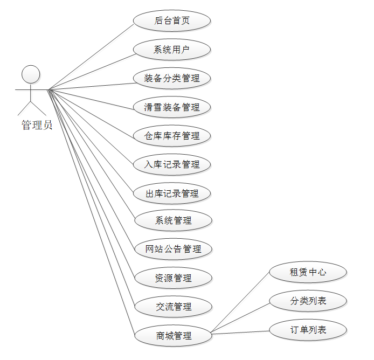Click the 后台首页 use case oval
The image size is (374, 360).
pos(172,21)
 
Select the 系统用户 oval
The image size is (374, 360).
pos(172,50)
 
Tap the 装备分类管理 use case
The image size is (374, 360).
pos(172,78)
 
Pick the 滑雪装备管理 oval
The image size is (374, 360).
pos(172,107)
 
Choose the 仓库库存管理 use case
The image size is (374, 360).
pos(172,135)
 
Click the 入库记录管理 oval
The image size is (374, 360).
pos(172,164)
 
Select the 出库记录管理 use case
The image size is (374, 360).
pos(172,192)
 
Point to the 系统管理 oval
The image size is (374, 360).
pos(173,220)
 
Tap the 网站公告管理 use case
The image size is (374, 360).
pos(173,249)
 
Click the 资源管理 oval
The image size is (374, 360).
pos(173,278)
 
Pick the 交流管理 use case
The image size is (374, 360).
pos(173,307)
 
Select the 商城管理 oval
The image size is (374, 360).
pos(173,335)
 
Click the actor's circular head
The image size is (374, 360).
pos(31,74)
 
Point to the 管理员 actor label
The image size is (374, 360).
pos(37,126)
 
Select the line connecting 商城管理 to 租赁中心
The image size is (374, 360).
pos(240,303)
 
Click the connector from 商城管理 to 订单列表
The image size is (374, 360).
pos(240,333)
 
